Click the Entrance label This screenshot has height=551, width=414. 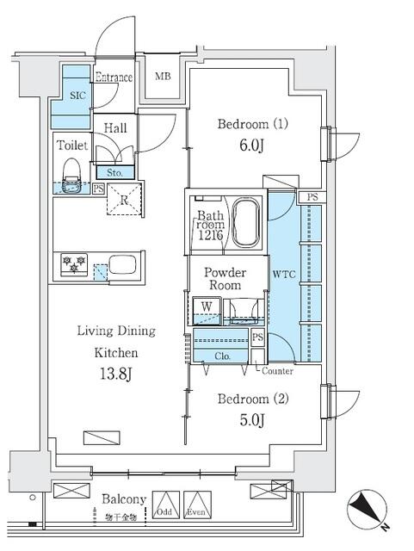[x=114, y=78]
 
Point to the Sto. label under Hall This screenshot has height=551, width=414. [x=114, y=172]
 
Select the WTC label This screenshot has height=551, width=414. [x=283, y=276]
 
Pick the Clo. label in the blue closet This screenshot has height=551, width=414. [x=211, y=356]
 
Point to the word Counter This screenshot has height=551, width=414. [x=277, y=371]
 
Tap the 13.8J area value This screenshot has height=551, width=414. [x=116, y=375]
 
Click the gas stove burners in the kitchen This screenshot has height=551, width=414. [x=71, y=265]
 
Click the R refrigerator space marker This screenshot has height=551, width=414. [x=126, y=200]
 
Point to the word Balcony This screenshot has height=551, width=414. [x=125, y=499]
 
